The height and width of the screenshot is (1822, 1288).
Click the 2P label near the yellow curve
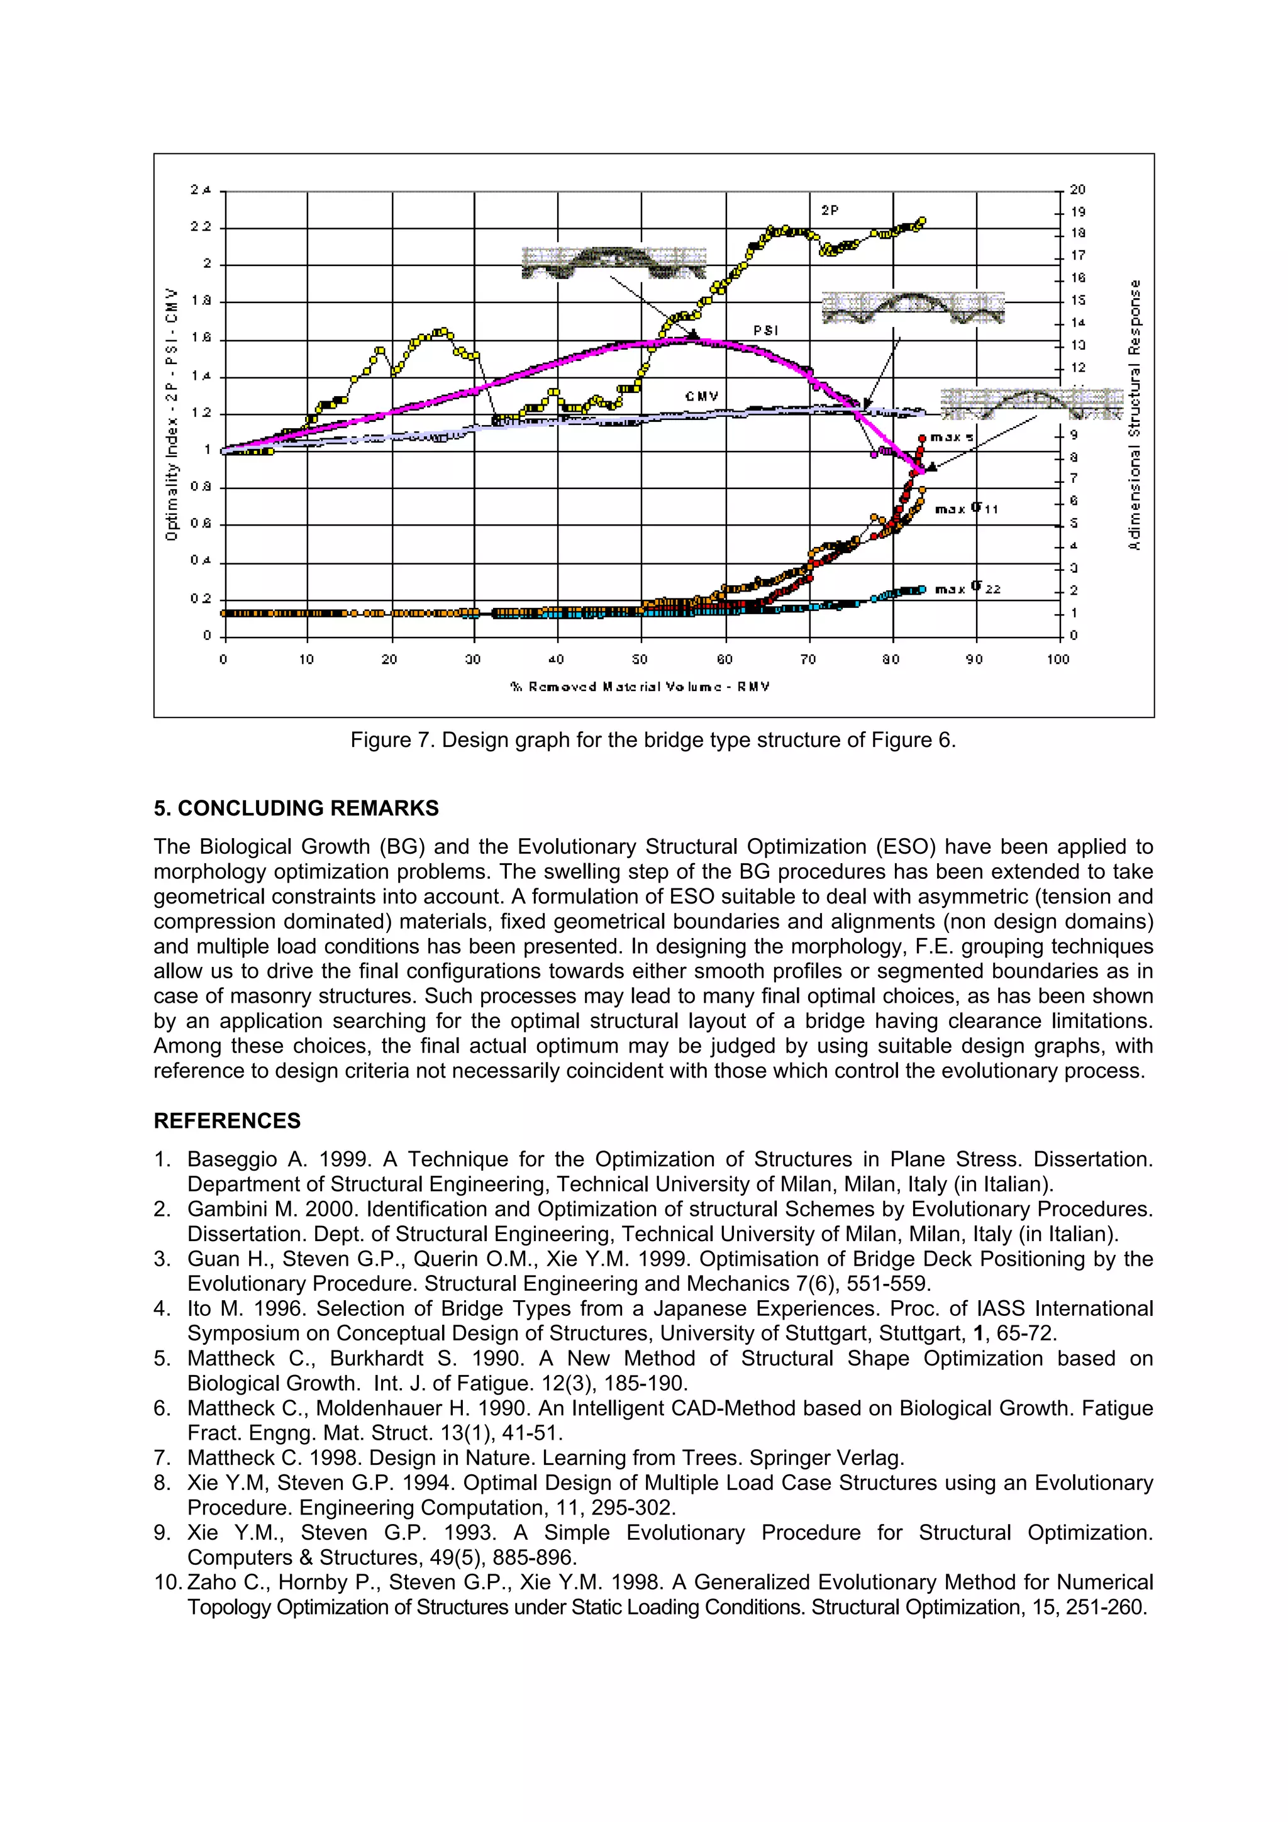pos(830,210)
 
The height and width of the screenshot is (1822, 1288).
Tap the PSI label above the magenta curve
pos(765,330)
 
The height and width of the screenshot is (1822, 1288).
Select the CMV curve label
pos(701,396)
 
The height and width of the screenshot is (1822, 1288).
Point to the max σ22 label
pos(967,589)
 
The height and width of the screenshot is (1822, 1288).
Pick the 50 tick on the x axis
pos(640,660)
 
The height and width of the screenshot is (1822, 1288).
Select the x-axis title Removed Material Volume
pos(640,687)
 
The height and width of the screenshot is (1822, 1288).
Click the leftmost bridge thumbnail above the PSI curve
pos(613,262)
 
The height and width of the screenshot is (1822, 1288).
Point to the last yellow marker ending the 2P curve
pos(921,221)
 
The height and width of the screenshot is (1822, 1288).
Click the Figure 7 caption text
pos(653,741)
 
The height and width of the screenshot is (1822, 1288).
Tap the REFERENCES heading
pos(227,1120)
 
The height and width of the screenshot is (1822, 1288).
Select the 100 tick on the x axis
pos(1058,660)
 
